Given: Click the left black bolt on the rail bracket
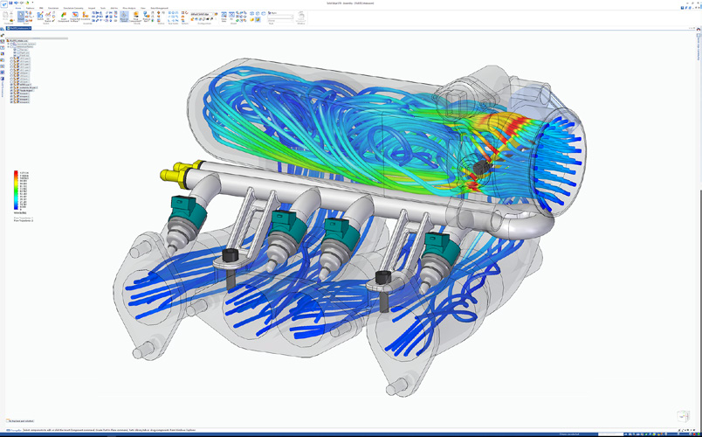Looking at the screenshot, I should click(x=231, y=256).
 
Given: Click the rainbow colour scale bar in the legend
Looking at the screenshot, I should click(x=17, y=191).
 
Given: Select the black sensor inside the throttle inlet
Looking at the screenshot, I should click(x=478, y=166).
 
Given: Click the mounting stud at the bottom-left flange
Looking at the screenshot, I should click(x=138, y=353).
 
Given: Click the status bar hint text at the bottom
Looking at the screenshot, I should click(x=105, y=430).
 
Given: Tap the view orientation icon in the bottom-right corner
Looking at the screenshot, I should click(x=684, y=416).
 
